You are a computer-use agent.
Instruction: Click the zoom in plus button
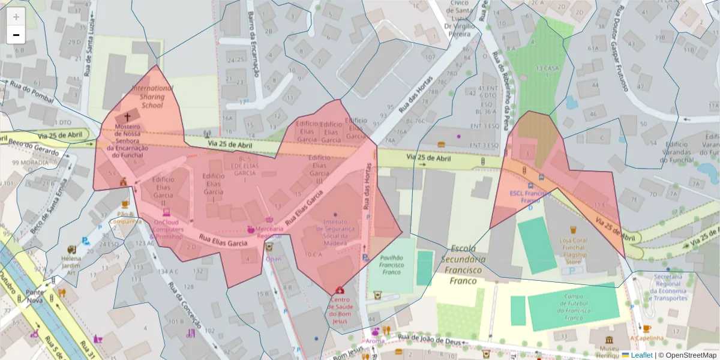point(16,17)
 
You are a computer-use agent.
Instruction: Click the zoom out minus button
point(16,35)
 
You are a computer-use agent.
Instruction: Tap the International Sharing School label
point(152,97)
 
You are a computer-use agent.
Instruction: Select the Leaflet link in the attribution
point(641,355)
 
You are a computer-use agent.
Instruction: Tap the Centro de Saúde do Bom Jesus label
point(340,310)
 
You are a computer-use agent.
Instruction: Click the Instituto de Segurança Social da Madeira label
point(335,232)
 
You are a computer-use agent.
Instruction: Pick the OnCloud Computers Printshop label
point(169,229)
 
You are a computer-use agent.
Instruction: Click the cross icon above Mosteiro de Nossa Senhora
point(127,117)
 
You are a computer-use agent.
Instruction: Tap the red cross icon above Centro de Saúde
point(340,290)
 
